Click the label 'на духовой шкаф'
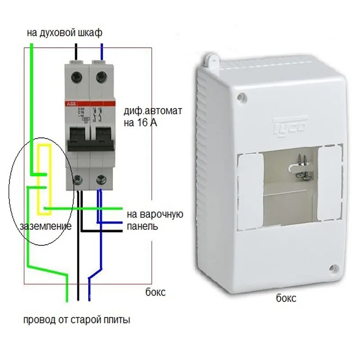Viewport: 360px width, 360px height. coord(64,32)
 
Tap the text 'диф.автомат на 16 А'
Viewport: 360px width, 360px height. coord(153,116)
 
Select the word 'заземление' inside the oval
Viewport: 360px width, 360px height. coord(45,226)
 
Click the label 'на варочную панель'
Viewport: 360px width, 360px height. coord(154,220)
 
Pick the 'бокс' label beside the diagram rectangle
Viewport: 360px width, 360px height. coord(156,292)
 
